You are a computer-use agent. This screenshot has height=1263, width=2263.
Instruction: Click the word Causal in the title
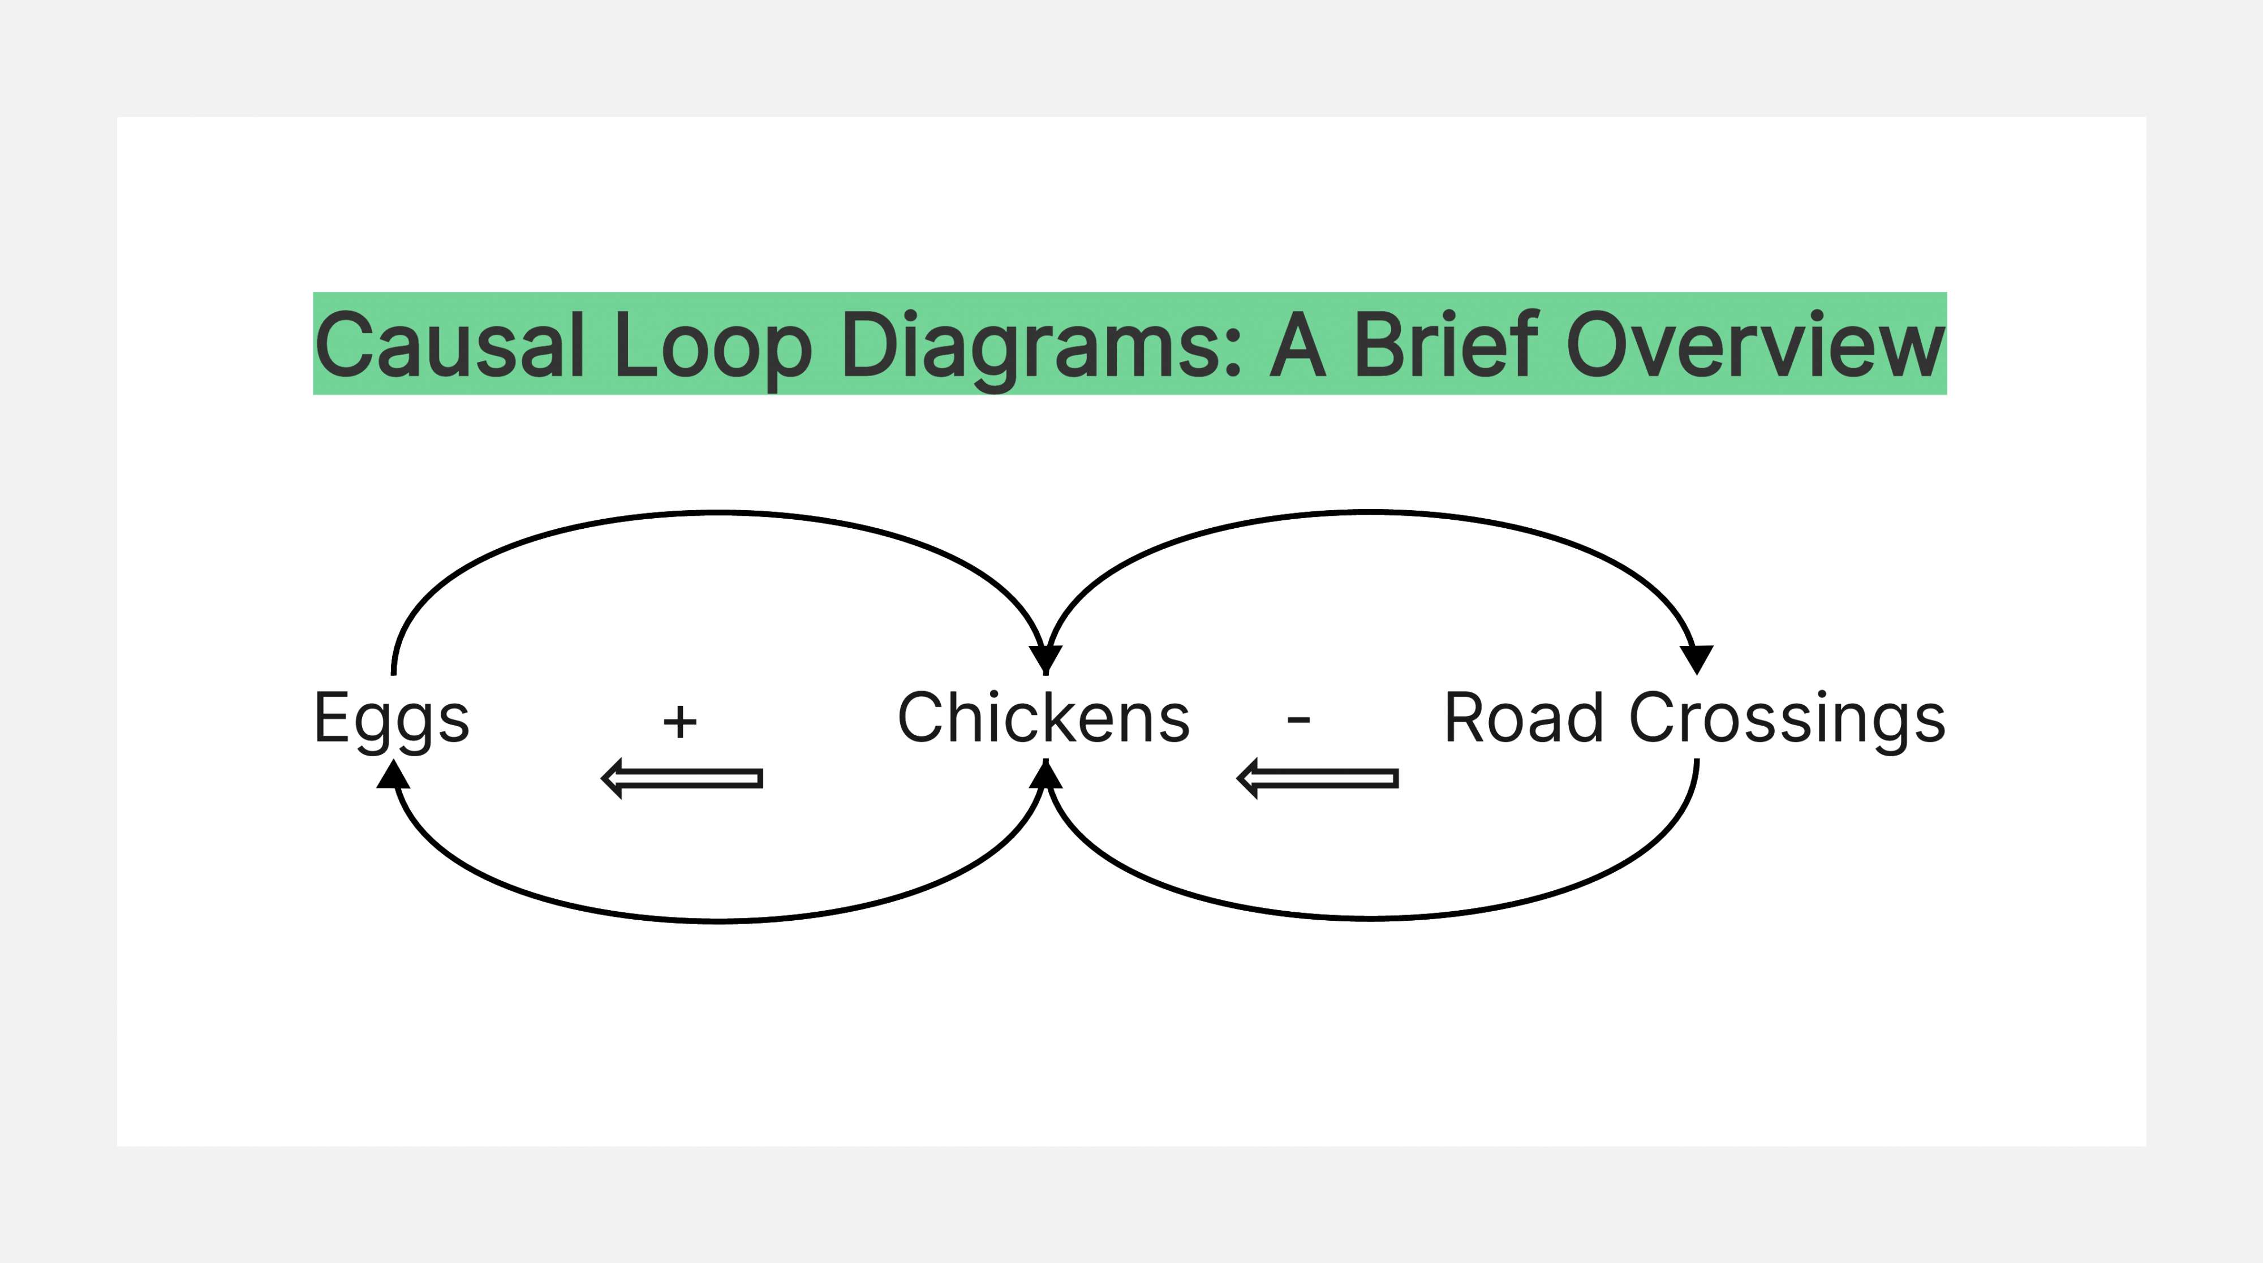450,344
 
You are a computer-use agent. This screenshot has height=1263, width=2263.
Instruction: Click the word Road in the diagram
1524,718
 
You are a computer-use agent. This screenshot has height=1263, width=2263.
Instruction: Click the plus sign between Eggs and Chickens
680,722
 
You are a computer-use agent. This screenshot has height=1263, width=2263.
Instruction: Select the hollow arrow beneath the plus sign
682,778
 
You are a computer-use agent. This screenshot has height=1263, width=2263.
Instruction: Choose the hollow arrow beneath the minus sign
1317,778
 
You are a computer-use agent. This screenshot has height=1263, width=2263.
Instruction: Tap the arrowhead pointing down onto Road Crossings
1696,659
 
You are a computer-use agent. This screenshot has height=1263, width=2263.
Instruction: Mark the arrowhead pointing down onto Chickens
1046,659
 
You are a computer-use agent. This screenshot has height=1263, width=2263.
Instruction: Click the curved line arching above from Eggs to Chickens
719,512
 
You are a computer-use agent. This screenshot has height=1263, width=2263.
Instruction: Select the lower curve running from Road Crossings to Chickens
1370,918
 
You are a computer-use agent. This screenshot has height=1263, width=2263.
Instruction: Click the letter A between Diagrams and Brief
1297,344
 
